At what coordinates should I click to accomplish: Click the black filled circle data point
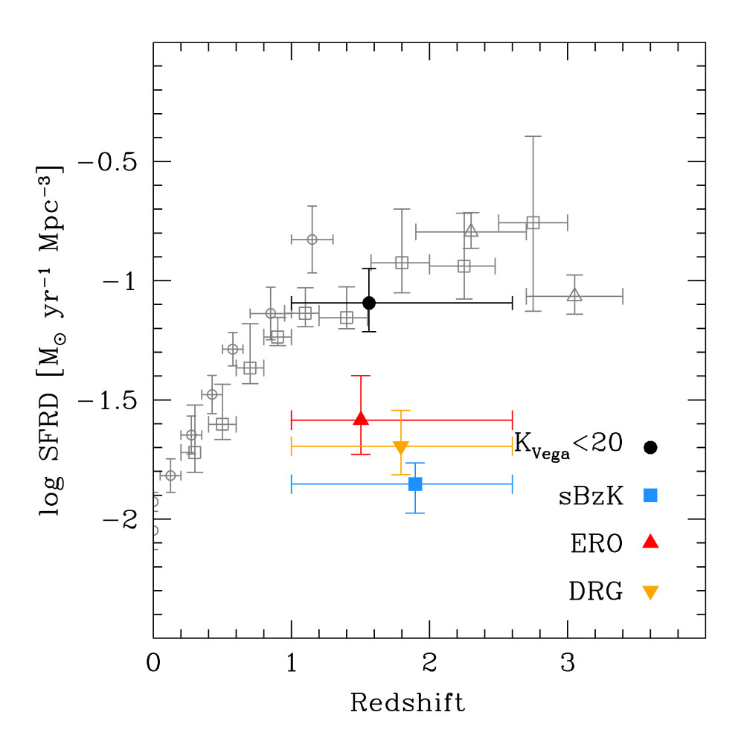[369, 303]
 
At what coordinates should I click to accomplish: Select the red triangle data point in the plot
[361, 419]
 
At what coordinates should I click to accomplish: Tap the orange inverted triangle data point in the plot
[401, 447]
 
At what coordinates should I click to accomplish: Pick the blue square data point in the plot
[415, 484]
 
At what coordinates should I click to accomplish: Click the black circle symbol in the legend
[651, 447]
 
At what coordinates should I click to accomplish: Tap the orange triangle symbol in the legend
[651, 592]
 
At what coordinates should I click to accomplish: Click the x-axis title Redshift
[408, 702]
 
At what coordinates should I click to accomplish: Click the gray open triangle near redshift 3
[574, 295]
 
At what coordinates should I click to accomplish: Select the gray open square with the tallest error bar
[533, 222]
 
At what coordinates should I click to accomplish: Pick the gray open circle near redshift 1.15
[312, 239]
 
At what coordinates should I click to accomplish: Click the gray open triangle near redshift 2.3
[471, 231]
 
